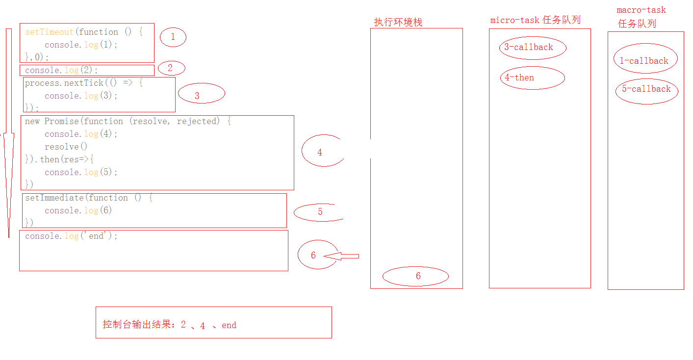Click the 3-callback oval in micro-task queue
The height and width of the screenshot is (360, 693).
pyautogui.click(x=532, y=48)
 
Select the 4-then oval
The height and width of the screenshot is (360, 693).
pyautogui.click(x=532, y=78)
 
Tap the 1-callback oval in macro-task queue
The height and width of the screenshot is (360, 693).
pyautogui.click(x=645, y=61)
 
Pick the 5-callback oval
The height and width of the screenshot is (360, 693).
pyautogui.click(x=646, y=89)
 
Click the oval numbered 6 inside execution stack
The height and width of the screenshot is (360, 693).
pyautogui.click(x=415, y=276)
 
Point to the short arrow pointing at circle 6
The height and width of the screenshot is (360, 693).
pyautogui.click(x=342, y=256)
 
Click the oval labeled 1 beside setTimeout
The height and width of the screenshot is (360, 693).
pyautogui.click(x=173, y=37)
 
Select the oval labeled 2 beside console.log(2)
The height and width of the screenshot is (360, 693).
pyautogui.click(x=170, y=68)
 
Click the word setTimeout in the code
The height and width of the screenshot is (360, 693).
pyautogui.click(x=49, y=32)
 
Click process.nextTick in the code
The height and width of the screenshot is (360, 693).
pyautogui.click(x=64, y=83)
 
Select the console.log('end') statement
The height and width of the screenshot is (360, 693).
pyautogui.click(x=72, y=236)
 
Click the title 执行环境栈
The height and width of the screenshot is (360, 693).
pyautogui.click(x=398, y=22)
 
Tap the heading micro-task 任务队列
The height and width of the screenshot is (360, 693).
pyautogui.click(x=535, y=20)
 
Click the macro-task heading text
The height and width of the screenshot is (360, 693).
pyautogui.click(x=641, y=10)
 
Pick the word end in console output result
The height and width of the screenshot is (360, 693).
pyautogui.click(x=229, y=325)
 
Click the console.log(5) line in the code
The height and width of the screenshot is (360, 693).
pyautogui.click(x=81, y=172)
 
